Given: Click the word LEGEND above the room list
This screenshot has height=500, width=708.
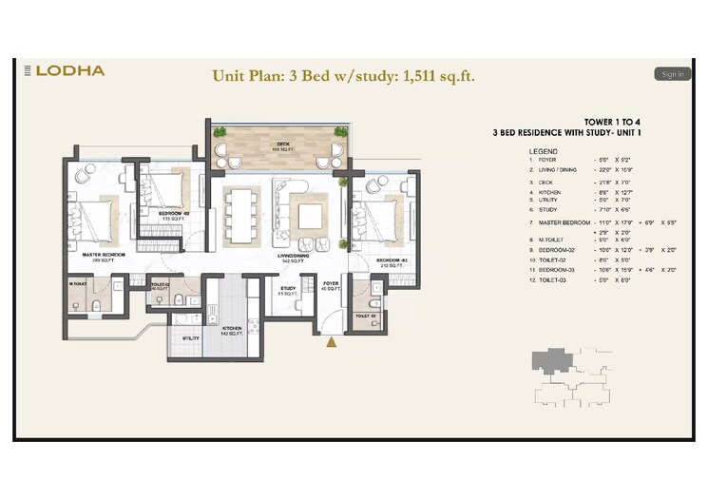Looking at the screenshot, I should (x=545, y=152).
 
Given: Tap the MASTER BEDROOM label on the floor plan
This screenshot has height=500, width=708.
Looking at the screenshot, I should (x=105, y=256).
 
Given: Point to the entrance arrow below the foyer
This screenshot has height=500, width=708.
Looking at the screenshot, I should (x=331, y=343).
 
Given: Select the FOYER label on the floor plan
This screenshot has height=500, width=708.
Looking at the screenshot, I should (x=330, y=283).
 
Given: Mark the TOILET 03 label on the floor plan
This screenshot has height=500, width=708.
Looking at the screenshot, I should (x=366, y=315).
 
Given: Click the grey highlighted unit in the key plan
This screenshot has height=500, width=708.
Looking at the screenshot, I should (x=550, y=362).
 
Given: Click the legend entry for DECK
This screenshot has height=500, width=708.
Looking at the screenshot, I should (x=545, y=181).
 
